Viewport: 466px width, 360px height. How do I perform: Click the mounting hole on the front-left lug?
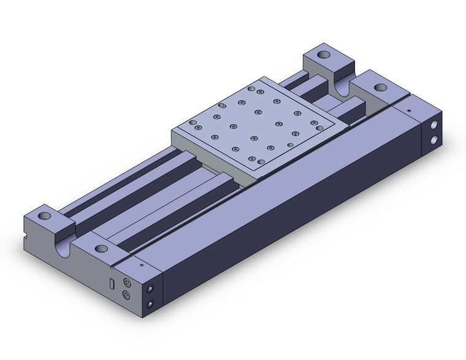45,216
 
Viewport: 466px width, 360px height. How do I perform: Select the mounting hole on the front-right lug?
101,249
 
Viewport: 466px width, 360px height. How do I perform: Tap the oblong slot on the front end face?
112,284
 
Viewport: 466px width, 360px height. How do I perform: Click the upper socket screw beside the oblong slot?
127,283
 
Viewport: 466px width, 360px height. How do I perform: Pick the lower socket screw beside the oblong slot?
127,295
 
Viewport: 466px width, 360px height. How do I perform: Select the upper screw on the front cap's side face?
150,288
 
